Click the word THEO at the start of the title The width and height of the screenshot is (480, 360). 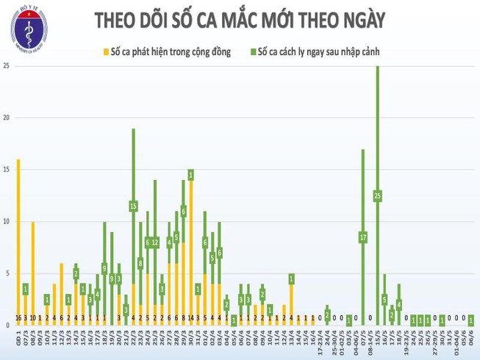(118, 20)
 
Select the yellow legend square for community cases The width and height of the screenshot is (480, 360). (107, 52)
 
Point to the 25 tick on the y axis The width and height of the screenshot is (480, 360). (6, 66)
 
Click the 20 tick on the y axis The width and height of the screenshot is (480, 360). (6, 118)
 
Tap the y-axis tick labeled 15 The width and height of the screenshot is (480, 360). (6, 170)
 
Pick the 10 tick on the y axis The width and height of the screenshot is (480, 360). (6, 221)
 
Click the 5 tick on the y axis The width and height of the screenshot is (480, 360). (6, 273)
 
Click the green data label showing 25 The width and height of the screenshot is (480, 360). (378, 195)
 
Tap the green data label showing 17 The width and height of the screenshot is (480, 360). (363, 237)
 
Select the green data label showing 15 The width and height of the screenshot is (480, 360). (134, 206)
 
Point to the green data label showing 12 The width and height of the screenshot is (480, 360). (155, 242)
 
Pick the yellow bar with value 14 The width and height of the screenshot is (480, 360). (191, 250)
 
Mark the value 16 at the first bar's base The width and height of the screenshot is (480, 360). (18, 318)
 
